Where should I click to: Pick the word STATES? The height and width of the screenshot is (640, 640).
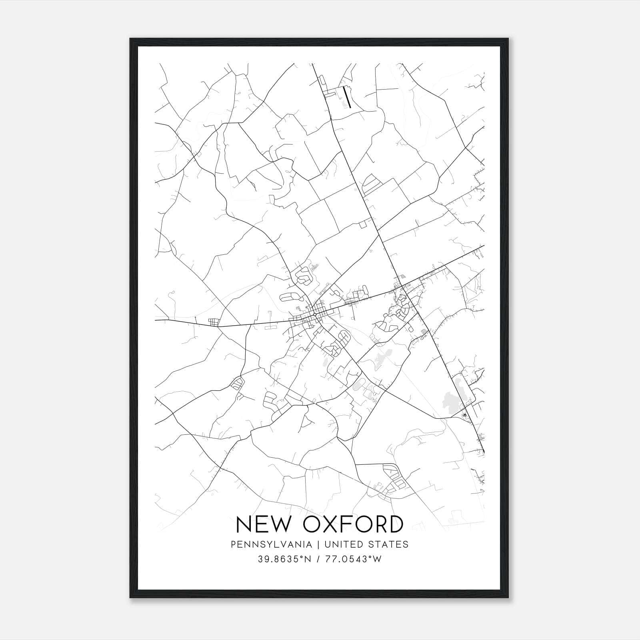pos(389,544)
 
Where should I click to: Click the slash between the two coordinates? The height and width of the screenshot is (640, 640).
pos(318,559)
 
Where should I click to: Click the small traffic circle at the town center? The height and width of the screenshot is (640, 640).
pos(316,315)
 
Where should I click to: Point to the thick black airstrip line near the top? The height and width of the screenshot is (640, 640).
pos(347,98)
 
